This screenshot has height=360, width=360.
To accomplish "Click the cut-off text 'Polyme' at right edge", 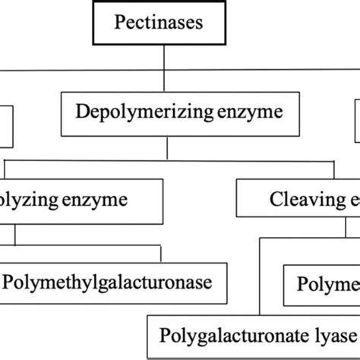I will tap(327, 283).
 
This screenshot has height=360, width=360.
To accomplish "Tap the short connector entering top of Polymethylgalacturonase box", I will tap(160, 254).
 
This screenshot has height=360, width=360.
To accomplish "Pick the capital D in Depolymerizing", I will tap(81, 112).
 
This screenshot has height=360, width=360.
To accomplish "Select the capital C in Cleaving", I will tap(276, 200).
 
